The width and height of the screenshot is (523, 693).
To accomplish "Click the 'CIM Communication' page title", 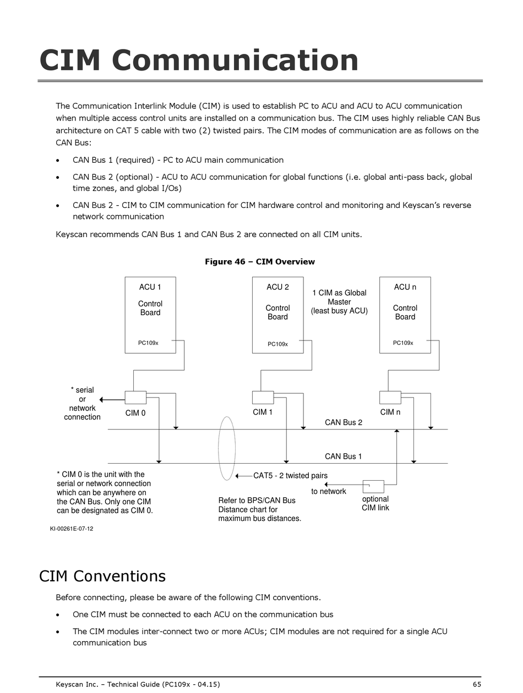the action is pyautogui.click(x=199, y=60).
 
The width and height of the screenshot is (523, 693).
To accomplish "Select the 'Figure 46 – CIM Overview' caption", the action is pyautogui.click(x=260, y=261).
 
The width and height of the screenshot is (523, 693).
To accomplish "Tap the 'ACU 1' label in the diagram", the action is pyautogui.click(x=150, y=287).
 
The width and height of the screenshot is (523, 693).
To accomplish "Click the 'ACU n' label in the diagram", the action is pyautogui.click(x=405, y=287).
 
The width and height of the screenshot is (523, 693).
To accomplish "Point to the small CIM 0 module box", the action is pyautogui.click(x=135, y=398).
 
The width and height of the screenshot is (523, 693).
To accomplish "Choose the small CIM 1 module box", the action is pyautogui.click(x=263, y=398).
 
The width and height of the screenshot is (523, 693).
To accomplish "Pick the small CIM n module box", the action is pyautogui.click(x=390, y=398).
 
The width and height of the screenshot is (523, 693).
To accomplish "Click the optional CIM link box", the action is pyautogui.click(x=373, y=487).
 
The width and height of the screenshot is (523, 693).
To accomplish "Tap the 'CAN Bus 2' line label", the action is pyautogui.click(x=344, y=422).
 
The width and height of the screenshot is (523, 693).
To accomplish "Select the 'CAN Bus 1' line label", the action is pyautogui.click(x=344, y=456).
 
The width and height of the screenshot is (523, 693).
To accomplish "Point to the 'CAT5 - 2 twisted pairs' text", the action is pyautogui.click(x=291, y=475).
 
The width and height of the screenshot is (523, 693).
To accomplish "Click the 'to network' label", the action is pyautogui.click(x=329, y=491).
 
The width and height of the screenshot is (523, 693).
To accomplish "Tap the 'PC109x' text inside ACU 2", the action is pyautogui.click(x=278, y=344).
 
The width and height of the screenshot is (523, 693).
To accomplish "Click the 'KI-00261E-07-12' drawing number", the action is pyautogui.click(x=72, y=529).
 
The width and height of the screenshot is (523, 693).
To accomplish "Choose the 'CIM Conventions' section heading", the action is pyautogui.click(x=102, y=576).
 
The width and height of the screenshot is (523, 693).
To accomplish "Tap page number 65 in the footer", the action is pyautogui.click(x=477, y=684).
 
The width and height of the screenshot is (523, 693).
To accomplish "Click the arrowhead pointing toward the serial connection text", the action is pyautogui.click(x=101, y=400).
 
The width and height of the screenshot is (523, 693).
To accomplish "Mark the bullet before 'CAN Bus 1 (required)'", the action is pyautogui.click(x=57, y=161).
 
